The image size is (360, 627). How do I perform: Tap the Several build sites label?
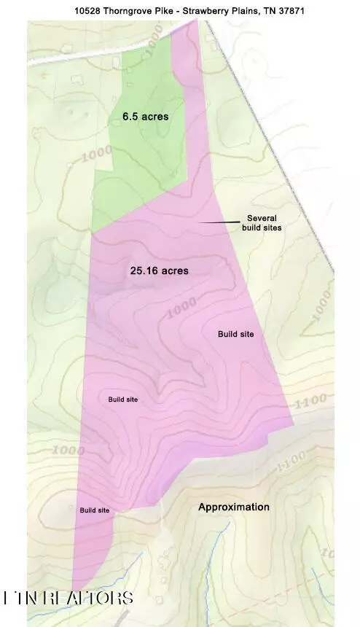[x=262, y=223]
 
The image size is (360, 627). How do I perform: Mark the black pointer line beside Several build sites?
[x=219, y=221]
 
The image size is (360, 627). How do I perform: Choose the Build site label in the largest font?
[x=235, y=334]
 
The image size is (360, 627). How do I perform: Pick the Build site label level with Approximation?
[x=95, y=510]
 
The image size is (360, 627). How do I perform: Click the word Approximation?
[x=234, y=507]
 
